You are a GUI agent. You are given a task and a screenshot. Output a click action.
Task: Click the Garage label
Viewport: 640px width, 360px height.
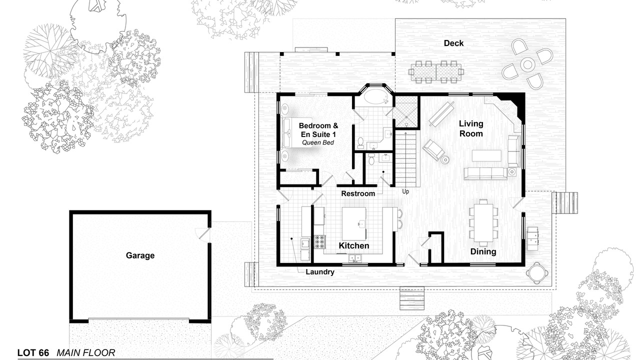click(140, 255)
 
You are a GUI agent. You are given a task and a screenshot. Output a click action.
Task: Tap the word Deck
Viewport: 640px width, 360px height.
click(453, 43)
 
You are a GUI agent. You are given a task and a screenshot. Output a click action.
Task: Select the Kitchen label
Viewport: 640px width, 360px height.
click(353, 245)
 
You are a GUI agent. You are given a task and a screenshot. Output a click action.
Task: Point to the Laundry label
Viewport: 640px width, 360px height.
click(319, 271)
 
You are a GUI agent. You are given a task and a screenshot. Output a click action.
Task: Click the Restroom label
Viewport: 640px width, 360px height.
click(358, 193)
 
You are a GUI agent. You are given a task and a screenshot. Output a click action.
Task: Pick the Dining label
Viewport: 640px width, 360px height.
click(483, 251)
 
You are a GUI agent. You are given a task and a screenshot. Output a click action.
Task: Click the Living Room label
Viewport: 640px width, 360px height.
click(471, 128)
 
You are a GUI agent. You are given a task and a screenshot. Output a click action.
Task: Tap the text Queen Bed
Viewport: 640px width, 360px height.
click(317, 142)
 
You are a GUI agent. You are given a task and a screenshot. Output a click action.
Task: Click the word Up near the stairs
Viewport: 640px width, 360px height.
click(405, 191)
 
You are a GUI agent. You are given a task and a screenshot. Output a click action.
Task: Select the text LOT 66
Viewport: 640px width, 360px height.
click(33, 353)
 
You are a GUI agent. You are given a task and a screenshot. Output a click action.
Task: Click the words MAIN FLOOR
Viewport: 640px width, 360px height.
click(85, 353)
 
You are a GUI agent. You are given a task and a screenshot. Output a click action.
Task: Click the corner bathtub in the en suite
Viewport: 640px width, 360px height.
click(373, 97)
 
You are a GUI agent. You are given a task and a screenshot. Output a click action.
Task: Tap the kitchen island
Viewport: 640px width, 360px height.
click(354, 223)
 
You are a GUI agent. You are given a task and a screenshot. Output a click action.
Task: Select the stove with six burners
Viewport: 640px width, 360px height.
click(319, 241)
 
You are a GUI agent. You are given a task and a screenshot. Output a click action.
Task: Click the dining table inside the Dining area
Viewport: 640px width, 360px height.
click(483, 222)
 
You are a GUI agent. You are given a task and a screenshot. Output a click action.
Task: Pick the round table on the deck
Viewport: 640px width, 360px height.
click(527, 65)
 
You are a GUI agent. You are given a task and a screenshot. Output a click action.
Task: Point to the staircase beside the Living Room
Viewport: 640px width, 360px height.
click(405, 158)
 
